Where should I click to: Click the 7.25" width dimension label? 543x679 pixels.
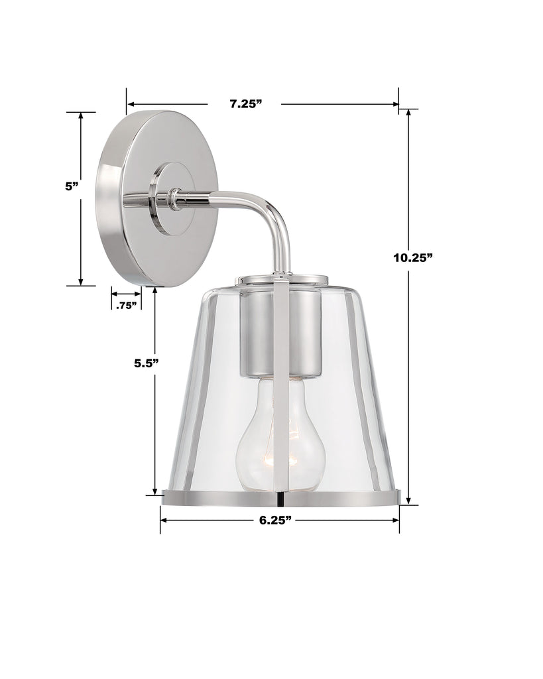click(246, 103)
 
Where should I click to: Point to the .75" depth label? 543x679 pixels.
click(126, 306)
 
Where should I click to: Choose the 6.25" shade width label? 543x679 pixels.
click(276, 521)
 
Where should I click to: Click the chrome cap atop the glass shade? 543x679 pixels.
click(282, 279)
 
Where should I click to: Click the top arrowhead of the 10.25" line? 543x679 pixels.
click(409, 113)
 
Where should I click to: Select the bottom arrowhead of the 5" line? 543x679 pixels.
click(81, 281)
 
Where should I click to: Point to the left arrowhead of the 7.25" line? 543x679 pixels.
click(131, 104)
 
